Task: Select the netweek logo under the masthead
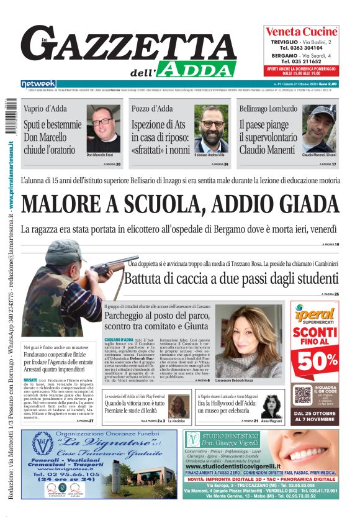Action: [38, 83]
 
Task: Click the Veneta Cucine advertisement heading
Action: [301, 32]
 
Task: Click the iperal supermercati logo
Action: [315, 315]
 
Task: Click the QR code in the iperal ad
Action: [303, 393]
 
